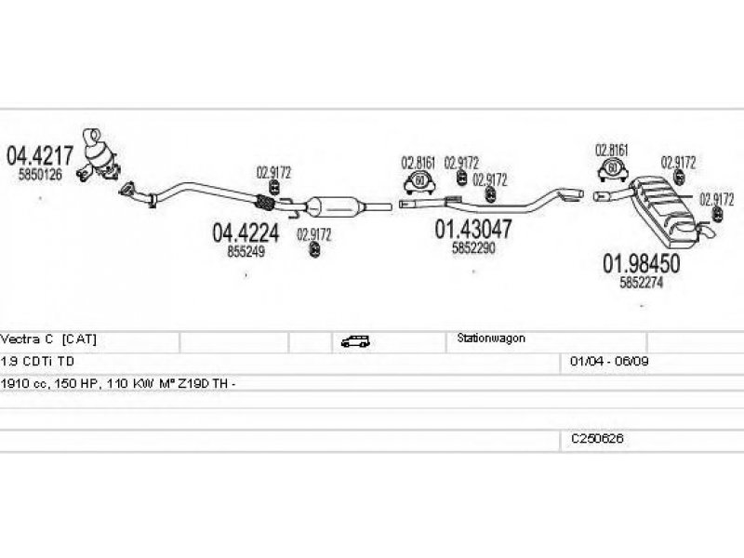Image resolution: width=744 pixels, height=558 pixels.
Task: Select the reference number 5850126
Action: pos(40,174)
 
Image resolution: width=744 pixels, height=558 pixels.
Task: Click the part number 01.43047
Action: pos(472,229)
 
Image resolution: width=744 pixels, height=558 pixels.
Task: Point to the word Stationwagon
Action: pos(491,339)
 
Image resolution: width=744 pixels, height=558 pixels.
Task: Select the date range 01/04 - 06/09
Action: pos(602,361)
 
